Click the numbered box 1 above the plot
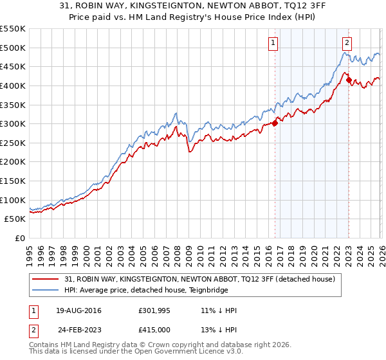coord(273,43)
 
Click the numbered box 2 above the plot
coord(347,43)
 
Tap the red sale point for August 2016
coord(275,123)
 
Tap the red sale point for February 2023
coord(349,80)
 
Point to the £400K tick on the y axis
coord(13,85)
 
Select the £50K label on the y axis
coord(15,219)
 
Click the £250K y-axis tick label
coord(13,143)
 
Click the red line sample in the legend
coord(46,280)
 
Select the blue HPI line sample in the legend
coord(46,291)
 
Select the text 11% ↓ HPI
coord(219,310)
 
